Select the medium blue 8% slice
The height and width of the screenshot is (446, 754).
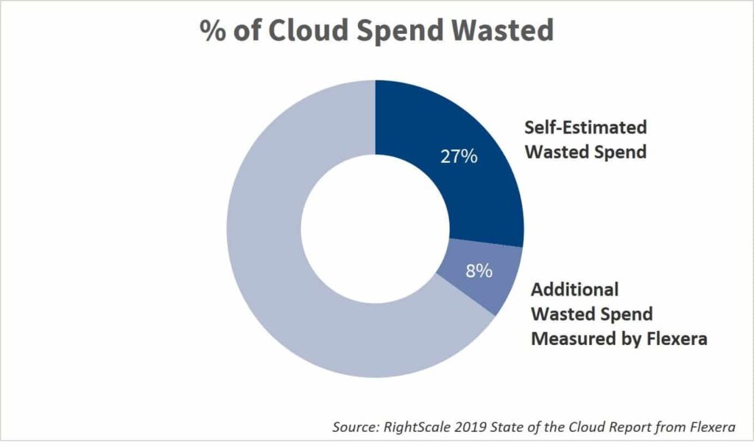pos(479,276)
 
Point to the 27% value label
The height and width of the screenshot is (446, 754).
pos(459,157)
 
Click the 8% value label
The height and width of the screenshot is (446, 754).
pos(479,271)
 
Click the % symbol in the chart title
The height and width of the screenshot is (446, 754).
pos(211,30)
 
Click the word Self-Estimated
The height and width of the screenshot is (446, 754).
pos(585,127)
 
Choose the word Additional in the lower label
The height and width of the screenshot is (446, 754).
pos(575,289)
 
